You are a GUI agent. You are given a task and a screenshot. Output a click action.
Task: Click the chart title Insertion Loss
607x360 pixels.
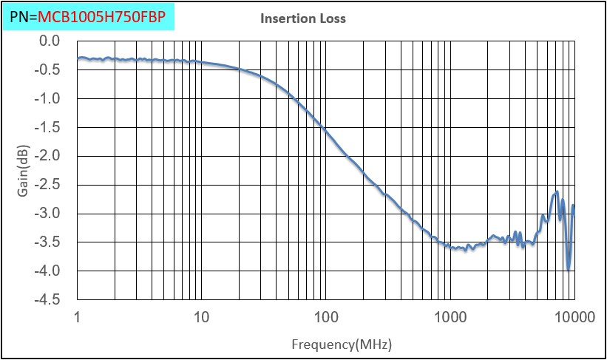[303, 18]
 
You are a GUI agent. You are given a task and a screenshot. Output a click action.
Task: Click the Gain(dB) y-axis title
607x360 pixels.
[22, 170]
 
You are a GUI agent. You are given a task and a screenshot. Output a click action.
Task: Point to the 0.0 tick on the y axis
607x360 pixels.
[49, 41]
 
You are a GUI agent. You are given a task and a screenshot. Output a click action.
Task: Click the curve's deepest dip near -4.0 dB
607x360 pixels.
[569, 269]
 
